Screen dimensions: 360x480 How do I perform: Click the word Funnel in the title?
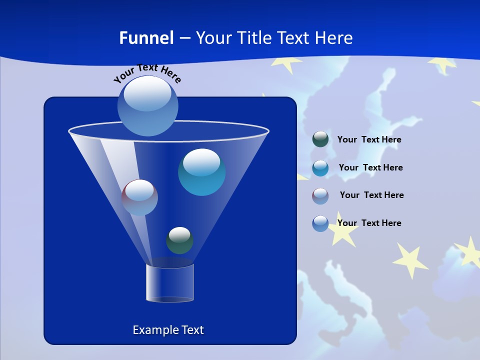(146, 38)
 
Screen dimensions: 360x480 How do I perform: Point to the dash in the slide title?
(184, 38)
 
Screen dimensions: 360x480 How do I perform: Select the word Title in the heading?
(253, 38)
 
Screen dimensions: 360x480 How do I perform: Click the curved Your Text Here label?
(147, 72)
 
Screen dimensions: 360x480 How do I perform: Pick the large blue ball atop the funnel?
(147, 105)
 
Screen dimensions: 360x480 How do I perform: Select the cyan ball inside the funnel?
(201, 172)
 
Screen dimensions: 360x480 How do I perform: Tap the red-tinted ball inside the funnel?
(139, 197)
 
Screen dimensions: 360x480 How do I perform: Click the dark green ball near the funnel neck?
(179, 240)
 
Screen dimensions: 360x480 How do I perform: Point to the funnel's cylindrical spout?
(170, 283)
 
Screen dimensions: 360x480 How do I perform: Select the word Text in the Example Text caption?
(191, 330)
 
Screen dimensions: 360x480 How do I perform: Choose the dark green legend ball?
(320, 139)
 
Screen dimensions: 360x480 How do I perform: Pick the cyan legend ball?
(320, 168)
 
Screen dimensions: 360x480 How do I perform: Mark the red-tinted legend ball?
(320, 196)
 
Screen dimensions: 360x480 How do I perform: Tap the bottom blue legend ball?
(320, 223)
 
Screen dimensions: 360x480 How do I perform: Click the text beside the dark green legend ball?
(369, 140)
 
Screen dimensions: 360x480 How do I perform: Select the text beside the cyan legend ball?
(370, 168)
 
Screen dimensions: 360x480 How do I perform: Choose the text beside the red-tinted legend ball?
(371, 195)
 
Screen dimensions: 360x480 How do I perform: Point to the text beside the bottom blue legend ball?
(369, 223)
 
